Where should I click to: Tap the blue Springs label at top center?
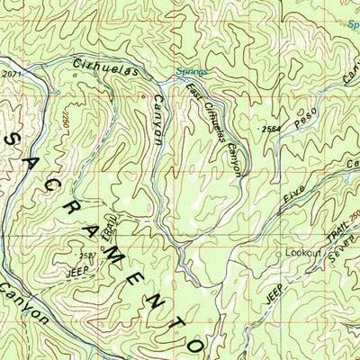coord(191,71)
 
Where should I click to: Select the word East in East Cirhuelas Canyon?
coord(193,92)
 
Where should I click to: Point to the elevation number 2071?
coord(11,75)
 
